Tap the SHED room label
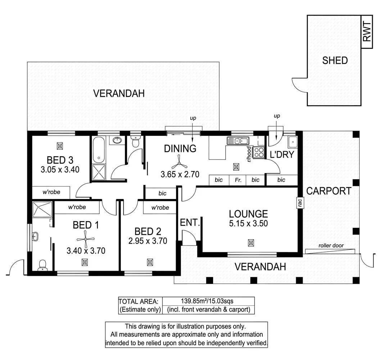click(x=335, y=60)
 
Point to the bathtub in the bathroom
click(x=98, y=150)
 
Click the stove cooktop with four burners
click(x=259, y=153)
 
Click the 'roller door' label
click(x=331, y=246)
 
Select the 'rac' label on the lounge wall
click(x=299, y=202)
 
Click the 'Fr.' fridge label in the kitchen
click(x=238, y=180)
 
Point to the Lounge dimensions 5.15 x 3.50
click(x=248, y=224)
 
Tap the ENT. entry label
click(x=190, y=223)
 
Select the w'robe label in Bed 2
click(x=160, y=208)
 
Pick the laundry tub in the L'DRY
click(x=293, y=142)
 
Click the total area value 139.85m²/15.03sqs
click(x=208, y=301)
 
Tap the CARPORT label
click(x=329, y=191)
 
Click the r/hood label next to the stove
click(x=249, y=153)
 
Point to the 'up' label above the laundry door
click(x=277, y=116)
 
